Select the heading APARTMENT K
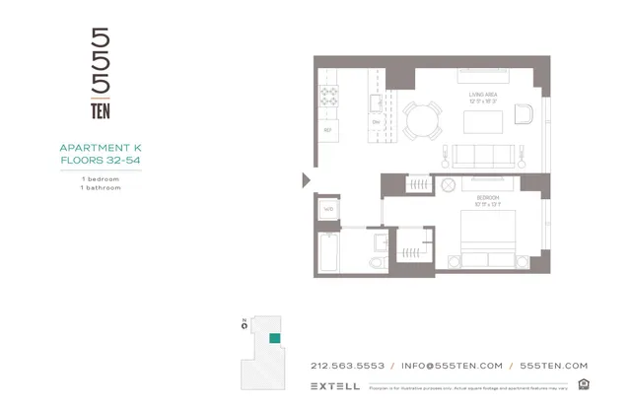click(x=101, y=149)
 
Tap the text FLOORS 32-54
click(x=101, y=160)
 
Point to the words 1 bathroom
click(x=101, y=186)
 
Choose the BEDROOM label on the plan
click(x=486, y=198)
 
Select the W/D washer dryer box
click(x=327, y=209)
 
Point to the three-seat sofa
click(x=483, y=154)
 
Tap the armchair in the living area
click(x=522, y=113)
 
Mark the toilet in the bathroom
click(x=372, y=261)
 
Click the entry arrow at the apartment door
click(x=307, y=179)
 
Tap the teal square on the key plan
click(x=275, y=338)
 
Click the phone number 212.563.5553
click(x=347, y=365)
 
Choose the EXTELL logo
click(x=335, y=385)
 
